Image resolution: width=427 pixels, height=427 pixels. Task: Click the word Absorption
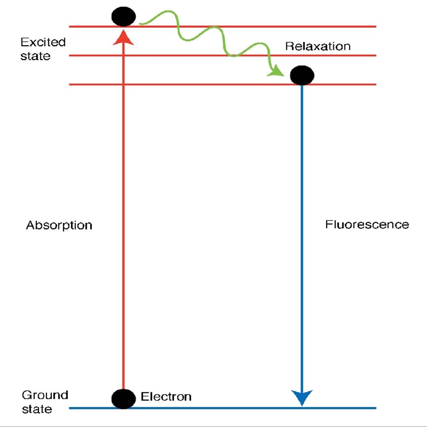(x=59, y=225)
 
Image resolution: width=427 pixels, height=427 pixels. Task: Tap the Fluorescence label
(x=367, y=224)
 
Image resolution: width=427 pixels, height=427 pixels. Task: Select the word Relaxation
(x=318, y=46)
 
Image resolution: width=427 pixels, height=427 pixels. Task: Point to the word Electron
(x=166, y=397)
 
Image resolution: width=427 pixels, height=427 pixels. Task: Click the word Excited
(x=43, y=42)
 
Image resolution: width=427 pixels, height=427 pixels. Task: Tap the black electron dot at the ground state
(x=124, y=399)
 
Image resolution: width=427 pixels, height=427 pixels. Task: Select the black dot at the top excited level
(x=124, y=17)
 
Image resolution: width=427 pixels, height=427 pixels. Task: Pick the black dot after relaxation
(x=302, y=76)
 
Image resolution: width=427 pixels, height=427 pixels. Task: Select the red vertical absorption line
(x=124, y=213)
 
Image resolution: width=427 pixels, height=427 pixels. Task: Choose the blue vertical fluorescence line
(x=302, y=239)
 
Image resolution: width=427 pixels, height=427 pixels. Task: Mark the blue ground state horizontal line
(x=222, y=408)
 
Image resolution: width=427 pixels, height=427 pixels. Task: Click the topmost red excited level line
(x=256, y=26)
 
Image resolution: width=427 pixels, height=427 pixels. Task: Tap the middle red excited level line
(x=171, y=56)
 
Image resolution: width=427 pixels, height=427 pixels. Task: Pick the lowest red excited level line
(x=192, y=85)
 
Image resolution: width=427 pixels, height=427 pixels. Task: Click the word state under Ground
(x=37, y=409)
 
